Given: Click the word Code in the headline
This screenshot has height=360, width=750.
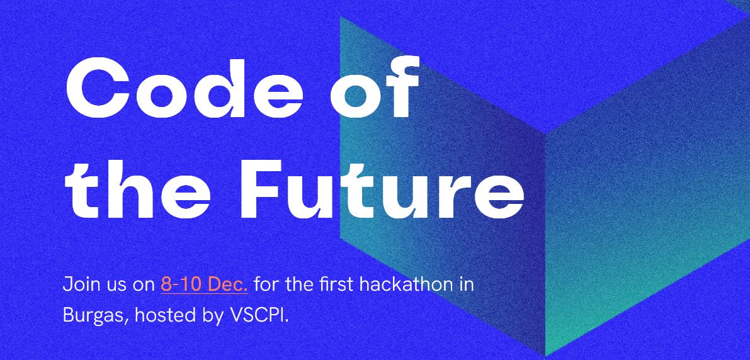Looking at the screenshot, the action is tap(185, 87).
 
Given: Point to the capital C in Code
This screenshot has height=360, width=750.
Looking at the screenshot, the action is tap(98, 88).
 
